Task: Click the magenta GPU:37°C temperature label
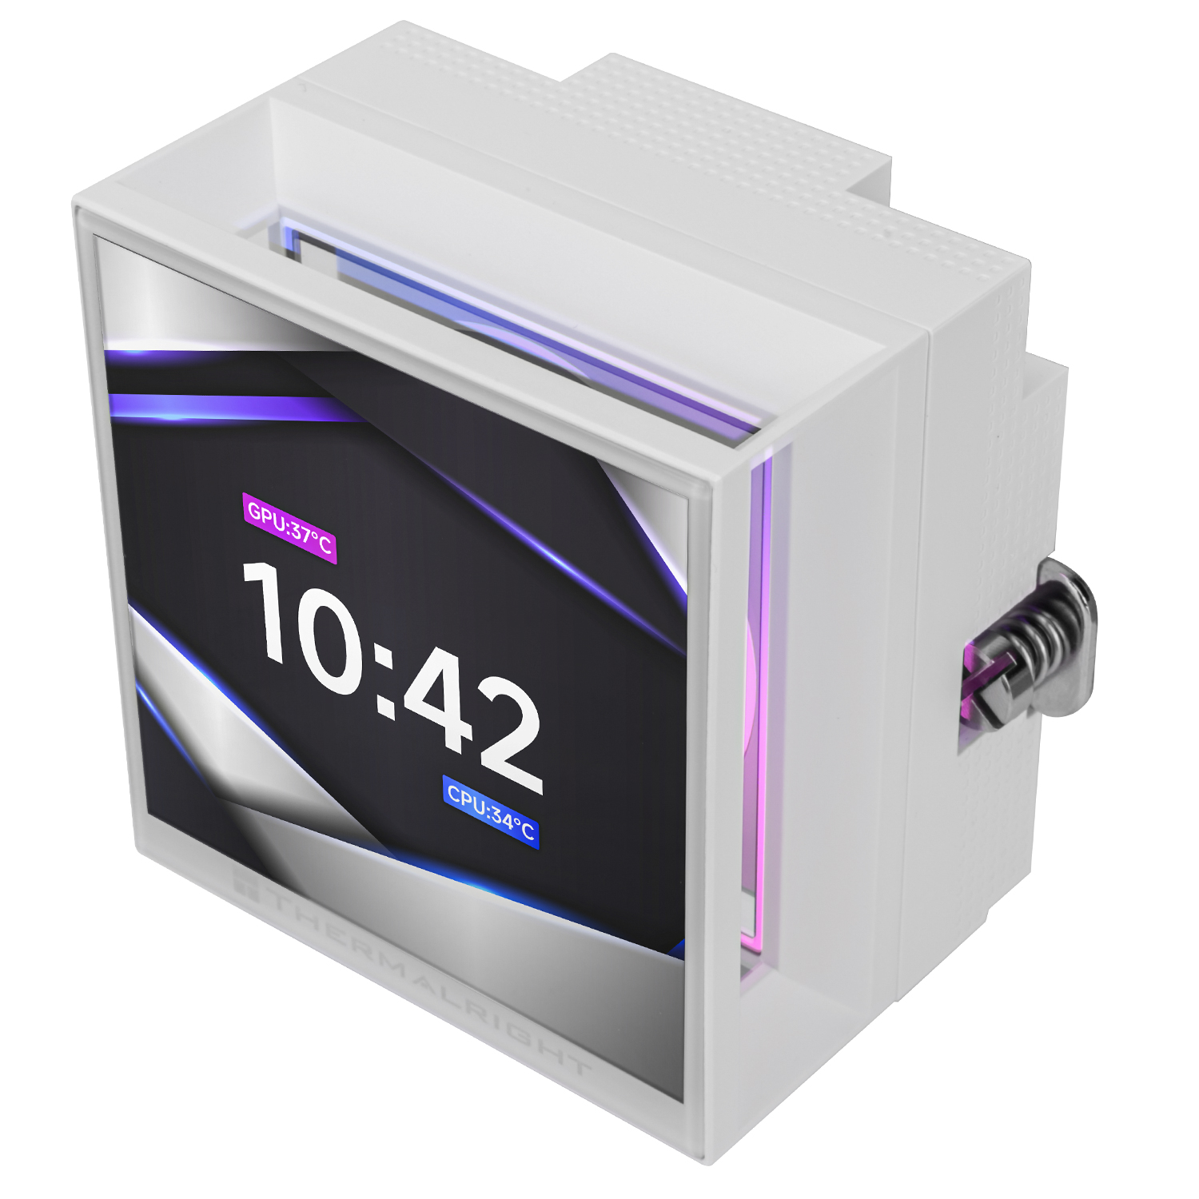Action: [289, 528]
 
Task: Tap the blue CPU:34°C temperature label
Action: [490, 812]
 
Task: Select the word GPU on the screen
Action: [266, 516]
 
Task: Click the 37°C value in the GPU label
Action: [310, 537]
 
